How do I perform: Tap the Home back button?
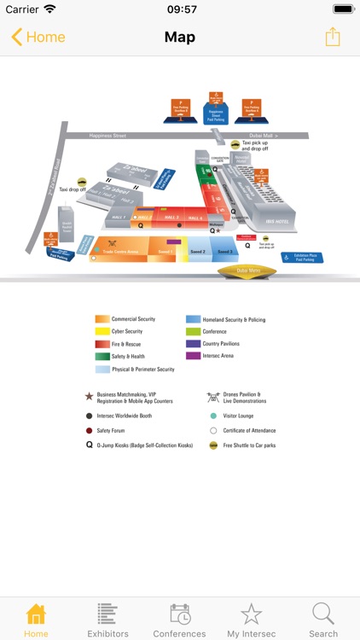[38, 38]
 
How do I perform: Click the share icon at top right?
[332, 38]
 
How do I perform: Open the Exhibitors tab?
[107, 620]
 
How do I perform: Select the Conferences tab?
[179, 620]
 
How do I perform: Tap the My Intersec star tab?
[251, 620]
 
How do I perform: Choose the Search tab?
[323, 620]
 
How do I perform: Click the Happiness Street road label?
[108, 136]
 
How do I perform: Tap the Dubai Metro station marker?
[247, 271]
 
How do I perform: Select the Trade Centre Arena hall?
[120, 252]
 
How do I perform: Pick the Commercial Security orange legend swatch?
[102, 319]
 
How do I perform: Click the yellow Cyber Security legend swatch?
[102, 331]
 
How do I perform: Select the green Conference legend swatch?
[193, 331]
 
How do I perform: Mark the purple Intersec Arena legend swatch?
[193, 356]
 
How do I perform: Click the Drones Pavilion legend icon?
[212, 397]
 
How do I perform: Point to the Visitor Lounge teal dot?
[213, 416]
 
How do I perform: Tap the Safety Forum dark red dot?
[89, 431]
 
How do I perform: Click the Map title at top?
[180, 38]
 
